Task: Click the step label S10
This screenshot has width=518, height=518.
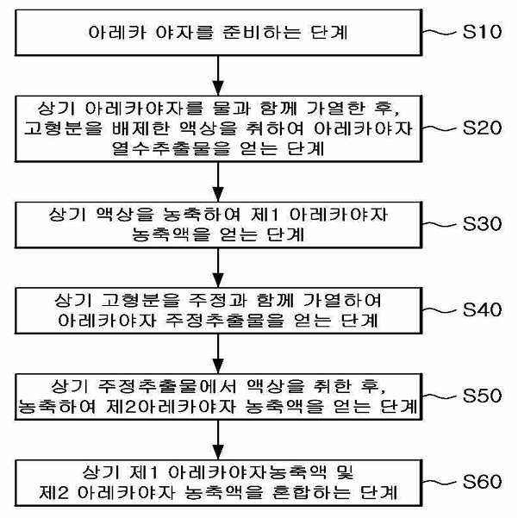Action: pyautogui.click(x=482, y=32)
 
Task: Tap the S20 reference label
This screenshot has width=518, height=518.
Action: pyautogui.click(x=482, y=128)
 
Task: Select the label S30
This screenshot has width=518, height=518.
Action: pyautogui.click(x=482, y=223)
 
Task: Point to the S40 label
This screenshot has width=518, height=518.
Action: pyautogui.click(x=482, y=309)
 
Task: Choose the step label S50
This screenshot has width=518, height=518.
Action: pyautogui.click(x=482, y=396)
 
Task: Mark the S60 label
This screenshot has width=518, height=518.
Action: pyautogui.click(x=482, y=481)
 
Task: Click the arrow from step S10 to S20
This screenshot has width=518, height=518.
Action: pyautogui.click(x=218, y=76)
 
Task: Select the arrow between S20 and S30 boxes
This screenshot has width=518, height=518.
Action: pyautogui.click(x=218, y=182)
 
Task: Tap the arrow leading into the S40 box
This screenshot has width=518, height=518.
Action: pyautogui.click(x=218, y=268)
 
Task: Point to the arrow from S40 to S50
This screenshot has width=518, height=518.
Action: pyautogui.click(x=218, y=354)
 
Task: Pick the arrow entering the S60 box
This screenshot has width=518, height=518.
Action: pyautogui.click(x=218, y=440)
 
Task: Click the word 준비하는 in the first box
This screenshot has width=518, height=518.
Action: pyautogui.click(x=262, y=33)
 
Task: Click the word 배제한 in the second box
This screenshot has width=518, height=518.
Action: pyautogui.click(x=141, y=128)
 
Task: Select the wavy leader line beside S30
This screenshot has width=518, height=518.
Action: pyautogui.click(x=440, y=224)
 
